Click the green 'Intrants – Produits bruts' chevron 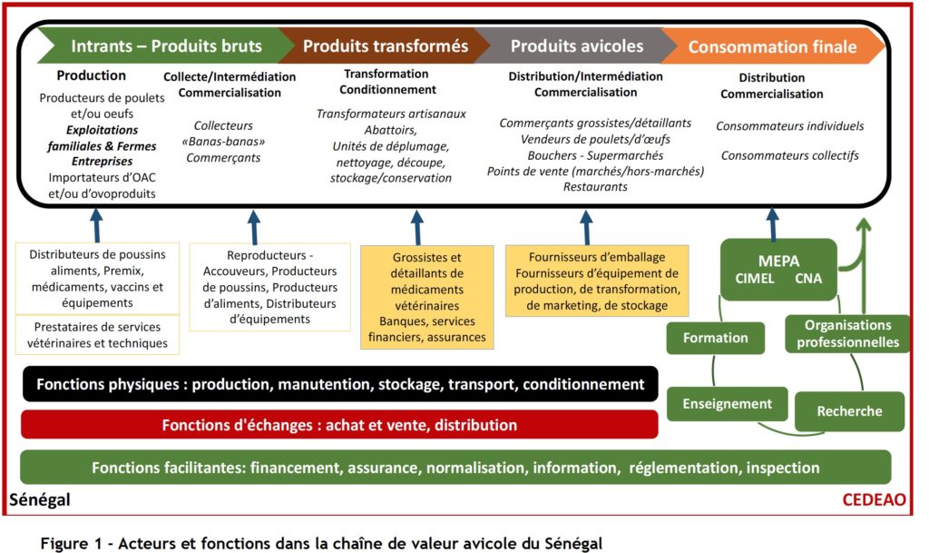tap(160, 45)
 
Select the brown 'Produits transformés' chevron tap(385, 45)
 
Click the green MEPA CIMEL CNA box tap(777, 270)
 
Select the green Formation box tap(715, 338)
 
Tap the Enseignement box tap(727, 404)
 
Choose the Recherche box tap(849, 410)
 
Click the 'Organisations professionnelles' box tap(847, 333)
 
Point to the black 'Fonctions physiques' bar tap(340, 384)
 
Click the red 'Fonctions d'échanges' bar tap(339, 425)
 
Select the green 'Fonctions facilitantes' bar tap(455, 468)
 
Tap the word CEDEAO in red tap(874, 499)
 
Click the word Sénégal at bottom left tap(40, 499)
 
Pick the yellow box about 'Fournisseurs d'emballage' tap(597, 281)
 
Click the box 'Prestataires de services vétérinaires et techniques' tap(97, 335)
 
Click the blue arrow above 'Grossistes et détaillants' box tap(417, 228)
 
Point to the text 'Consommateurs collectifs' tap(790, 155)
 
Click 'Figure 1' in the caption tap(71, 544)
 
